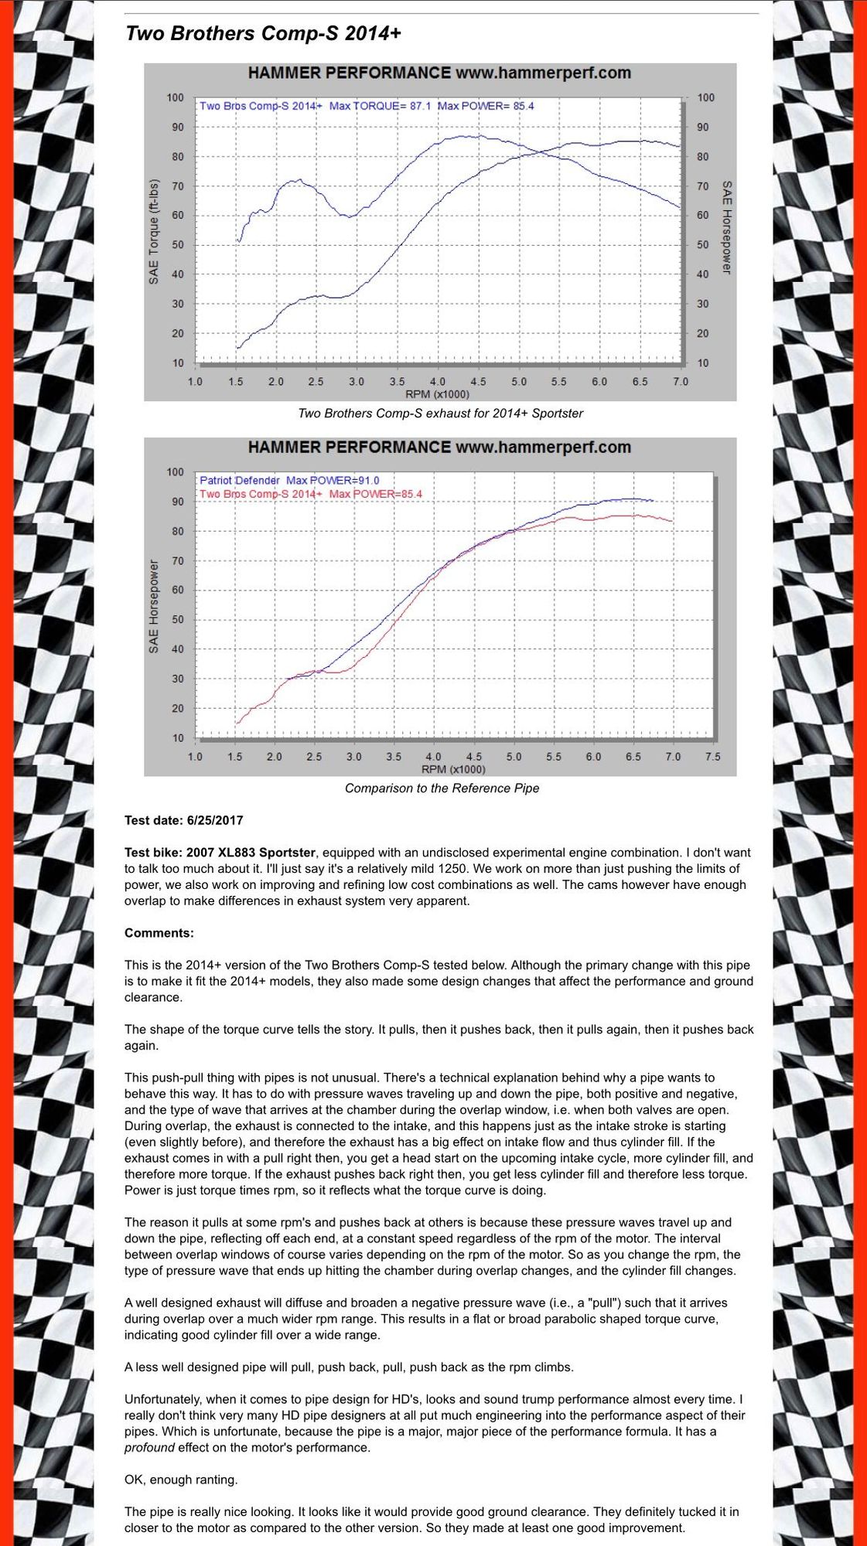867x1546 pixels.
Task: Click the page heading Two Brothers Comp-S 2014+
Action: tap(263, 34)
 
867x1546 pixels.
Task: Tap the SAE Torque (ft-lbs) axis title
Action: tap(154, 231)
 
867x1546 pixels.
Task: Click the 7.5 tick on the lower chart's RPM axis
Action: tap(712, 757)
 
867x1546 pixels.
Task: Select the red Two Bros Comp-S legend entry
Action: tap(311, 494)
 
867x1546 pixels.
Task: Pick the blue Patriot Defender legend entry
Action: tap(289, 480)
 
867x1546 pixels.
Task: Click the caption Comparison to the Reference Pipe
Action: tap(442, 788)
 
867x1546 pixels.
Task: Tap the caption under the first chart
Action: tap(440, 414)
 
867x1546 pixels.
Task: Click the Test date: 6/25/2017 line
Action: tap(184, 820)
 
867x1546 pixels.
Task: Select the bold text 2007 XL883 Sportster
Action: tap(251, 853)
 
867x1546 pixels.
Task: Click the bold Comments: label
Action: tap(159, 933)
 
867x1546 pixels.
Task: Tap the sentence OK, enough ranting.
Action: tap(181, 1480)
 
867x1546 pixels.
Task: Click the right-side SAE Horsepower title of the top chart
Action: tap(727, 227)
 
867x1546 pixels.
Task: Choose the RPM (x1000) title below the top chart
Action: tap(437, 394)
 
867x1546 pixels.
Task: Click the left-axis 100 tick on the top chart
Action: tap(175, 98)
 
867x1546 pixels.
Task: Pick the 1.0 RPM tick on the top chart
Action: tap(195, 382)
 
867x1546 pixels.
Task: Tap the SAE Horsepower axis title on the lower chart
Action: tap(154, 606)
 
